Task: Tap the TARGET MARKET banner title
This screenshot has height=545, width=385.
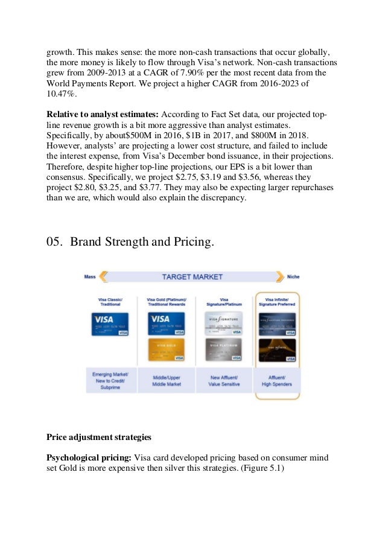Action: pos(192,277)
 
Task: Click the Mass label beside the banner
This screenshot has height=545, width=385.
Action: pos(89,277)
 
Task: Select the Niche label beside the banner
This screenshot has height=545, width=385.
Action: pos(293,277)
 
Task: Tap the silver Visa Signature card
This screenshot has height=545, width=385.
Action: pos(223,323)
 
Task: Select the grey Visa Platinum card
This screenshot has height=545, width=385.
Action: pos(223,349)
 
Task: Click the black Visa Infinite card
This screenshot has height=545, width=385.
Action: pos(277,349)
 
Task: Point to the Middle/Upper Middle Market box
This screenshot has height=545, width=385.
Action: pos(166,379)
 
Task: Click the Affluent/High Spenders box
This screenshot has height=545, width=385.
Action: pos(277,379)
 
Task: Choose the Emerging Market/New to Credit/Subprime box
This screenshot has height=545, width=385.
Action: pos(109,379)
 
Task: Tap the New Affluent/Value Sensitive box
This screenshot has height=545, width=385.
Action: pos(223,379)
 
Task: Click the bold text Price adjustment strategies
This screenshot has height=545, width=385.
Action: pos(100,435)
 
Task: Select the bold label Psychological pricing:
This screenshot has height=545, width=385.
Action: pos(89,457)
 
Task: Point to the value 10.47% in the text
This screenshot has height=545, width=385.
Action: pos(62,95)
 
